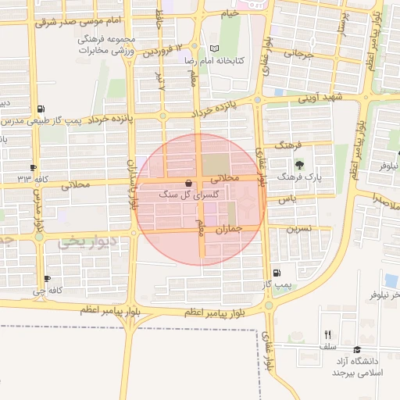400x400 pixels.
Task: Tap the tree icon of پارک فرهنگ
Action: (299, 165)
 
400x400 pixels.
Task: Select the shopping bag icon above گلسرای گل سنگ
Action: (188, 183)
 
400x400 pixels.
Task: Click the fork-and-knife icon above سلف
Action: (327, 334)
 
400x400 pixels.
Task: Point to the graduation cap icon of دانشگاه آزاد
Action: (357, 350)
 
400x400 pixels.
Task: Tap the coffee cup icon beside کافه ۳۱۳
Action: (33, 167)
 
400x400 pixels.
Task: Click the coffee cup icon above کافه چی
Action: (48, 278)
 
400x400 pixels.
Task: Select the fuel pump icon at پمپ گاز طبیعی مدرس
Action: (41, 109)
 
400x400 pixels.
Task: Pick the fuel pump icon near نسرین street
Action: (277, 273)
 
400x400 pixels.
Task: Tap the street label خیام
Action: (229, 13)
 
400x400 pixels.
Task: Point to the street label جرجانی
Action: (298, 55)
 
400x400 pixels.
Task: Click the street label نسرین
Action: (300, 229)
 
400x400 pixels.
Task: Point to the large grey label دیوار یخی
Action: (86, 242)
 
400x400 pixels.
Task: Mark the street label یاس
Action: (290, 199)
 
